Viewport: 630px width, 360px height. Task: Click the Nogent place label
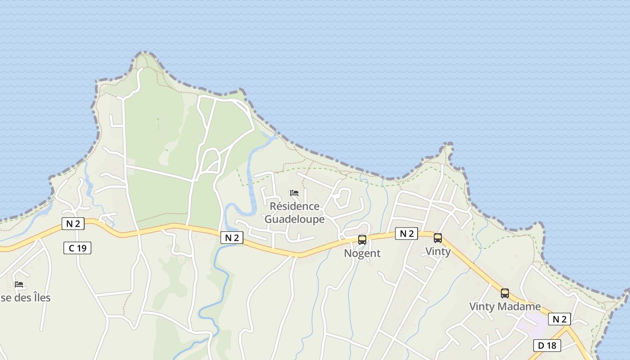pos(362,253)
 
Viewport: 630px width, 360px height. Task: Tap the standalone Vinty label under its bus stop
pos(438,252)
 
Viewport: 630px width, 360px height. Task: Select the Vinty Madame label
pos(505,306)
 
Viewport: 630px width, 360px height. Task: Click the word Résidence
pos(295,207)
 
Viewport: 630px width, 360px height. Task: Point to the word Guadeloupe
pos(295,219)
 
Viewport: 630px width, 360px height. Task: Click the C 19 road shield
pos(77,248)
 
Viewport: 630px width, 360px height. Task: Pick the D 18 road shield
pos(547,346)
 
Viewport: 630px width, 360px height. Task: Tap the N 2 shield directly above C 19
pos(73,224)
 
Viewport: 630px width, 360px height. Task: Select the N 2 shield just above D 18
pos(559,319)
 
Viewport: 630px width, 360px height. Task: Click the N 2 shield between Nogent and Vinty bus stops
pos(407,234)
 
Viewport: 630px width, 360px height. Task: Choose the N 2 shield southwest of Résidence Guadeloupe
pos(232,238)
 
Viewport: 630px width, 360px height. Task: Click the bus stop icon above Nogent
pos(362,240)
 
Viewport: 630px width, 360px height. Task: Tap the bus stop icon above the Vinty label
pos(437,238)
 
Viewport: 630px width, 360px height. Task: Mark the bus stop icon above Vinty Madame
pos(505,293)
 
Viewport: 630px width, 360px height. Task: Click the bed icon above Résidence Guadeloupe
pos(294,193)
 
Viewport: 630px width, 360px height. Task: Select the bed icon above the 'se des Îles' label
pos(19,284)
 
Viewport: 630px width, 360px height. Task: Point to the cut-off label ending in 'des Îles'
pos(25,298)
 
